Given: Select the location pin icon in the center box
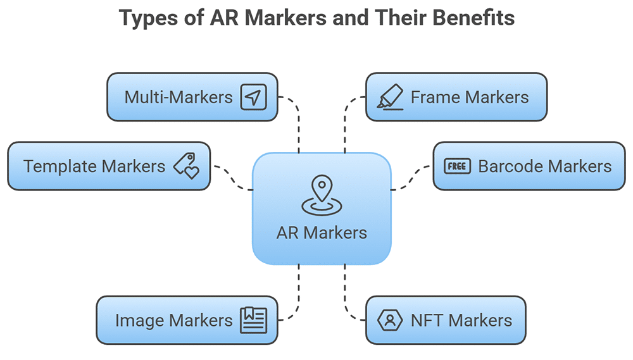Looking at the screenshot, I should [x=322, y=195].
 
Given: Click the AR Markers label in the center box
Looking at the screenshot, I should [x=322, y=232].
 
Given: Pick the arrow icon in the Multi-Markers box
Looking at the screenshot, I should [x=253, y=97].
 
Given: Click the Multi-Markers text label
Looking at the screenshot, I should [x=179, y=97].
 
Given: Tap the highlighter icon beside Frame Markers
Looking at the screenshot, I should [x=390, y=97].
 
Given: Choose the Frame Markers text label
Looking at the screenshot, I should [x=470, y=97].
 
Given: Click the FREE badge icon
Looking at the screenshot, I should [x=457, y=166].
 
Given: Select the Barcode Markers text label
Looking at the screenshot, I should [x=544, y=166].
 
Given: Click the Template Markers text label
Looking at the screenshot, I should [x=94, y=166].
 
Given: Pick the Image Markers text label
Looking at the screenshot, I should [x=173, y=320].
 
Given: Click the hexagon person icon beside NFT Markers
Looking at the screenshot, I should [x=390, y=320].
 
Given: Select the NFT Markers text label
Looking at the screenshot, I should [x=461, y=320].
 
